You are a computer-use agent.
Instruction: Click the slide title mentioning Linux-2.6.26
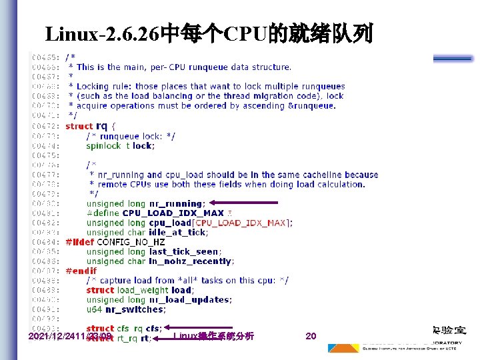[209, 33]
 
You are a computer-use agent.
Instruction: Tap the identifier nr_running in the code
[175, 203]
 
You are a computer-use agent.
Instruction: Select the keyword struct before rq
[79, 126]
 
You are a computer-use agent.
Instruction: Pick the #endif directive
[80, 271]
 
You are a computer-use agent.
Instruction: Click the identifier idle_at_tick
[179, 232]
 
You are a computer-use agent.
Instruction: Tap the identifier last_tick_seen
[183, 251]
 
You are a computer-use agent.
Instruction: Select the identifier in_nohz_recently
[189, 261]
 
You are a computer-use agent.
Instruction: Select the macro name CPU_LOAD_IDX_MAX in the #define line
[173, 213]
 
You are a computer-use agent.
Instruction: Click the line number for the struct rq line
[47, 126]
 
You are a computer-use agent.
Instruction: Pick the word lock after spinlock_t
[143, 145]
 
